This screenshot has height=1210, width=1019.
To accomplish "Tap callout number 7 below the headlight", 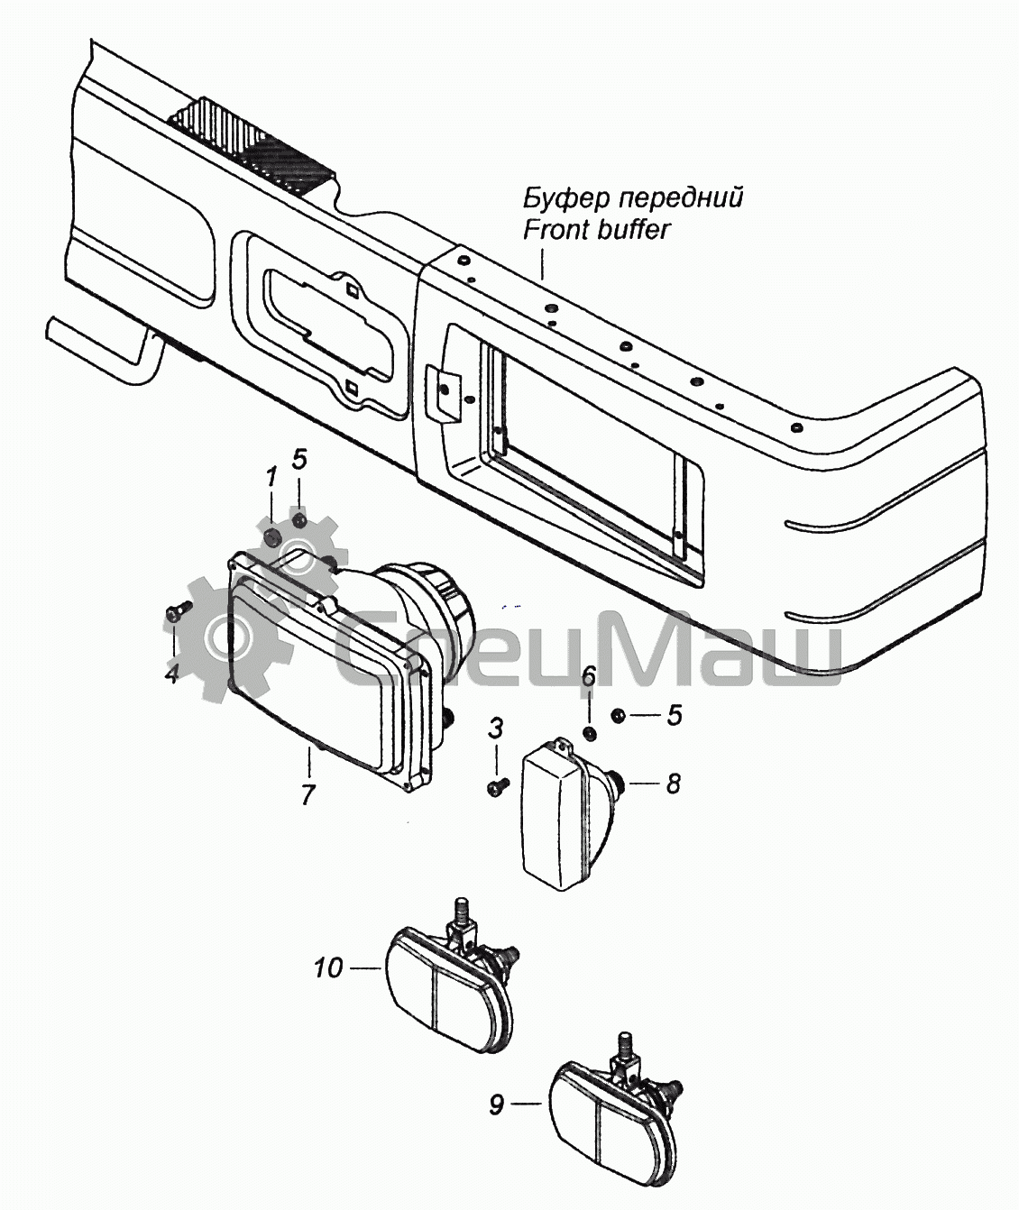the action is pos(308,794).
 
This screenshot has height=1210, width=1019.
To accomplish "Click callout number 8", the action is pos(673,784).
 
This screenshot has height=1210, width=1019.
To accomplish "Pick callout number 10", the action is pos(329,967).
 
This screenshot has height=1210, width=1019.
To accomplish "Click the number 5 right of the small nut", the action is pos(674,715).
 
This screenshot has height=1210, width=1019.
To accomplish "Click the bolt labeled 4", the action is pos(179,609).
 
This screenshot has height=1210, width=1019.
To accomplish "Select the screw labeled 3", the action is pos(499,784).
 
